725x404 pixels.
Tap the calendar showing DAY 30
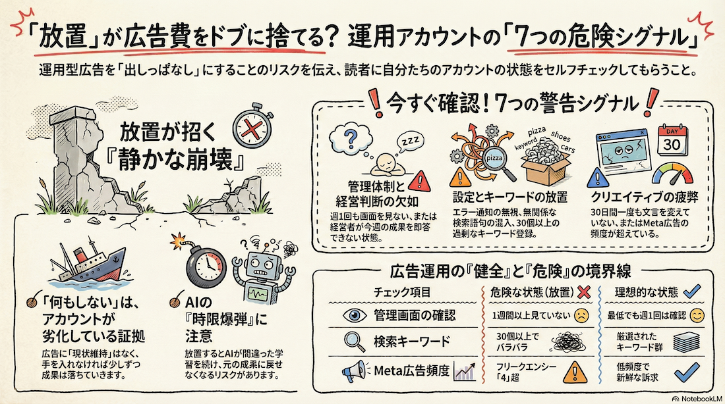tap(672, 139)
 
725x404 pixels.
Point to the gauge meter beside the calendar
tap(674, 173)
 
